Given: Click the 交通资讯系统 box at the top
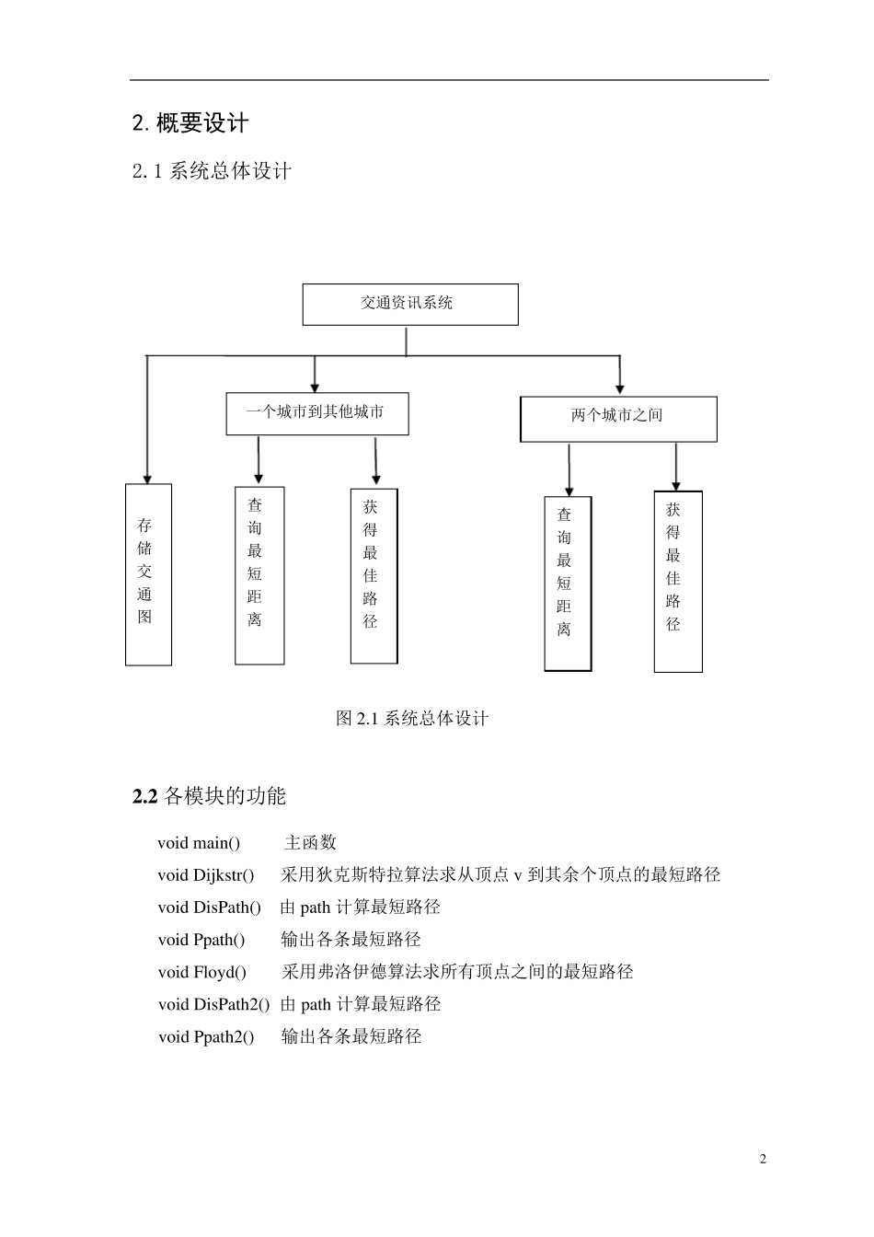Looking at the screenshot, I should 409,304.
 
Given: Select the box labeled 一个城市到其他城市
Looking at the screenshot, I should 316,413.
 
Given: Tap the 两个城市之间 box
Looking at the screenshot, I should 617,418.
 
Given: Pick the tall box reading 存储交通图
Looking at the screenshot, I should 148,573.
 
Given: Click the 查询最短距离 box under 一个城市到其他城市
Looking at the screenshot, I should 259,574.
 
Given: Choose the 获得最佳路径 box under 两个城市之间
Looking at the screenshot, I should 677,581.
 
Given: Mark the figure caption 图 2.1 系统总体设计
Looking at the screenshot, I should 411,718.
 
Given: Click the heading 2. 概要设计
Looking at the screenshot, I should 190,123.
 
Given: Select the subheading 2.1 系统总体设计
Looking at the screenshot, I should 212,171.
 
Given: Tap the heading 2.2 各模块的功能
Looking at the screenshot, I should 209,796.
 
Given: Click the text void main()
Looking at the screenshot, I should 199,843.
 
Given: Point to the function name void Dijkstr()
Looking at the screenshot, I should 205,875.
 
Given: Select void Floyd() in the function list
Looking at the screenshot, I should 201,972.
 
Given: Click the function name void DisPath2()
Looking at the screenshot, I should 213,1004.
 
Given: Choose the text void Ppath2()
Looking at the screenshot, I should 205,1036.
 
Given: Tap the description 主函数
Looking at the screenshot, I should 310,843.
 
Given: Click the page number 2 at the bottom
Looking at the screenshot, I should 763,1159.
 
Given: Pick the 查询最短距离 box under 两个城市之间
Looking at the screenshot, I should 567,584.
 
